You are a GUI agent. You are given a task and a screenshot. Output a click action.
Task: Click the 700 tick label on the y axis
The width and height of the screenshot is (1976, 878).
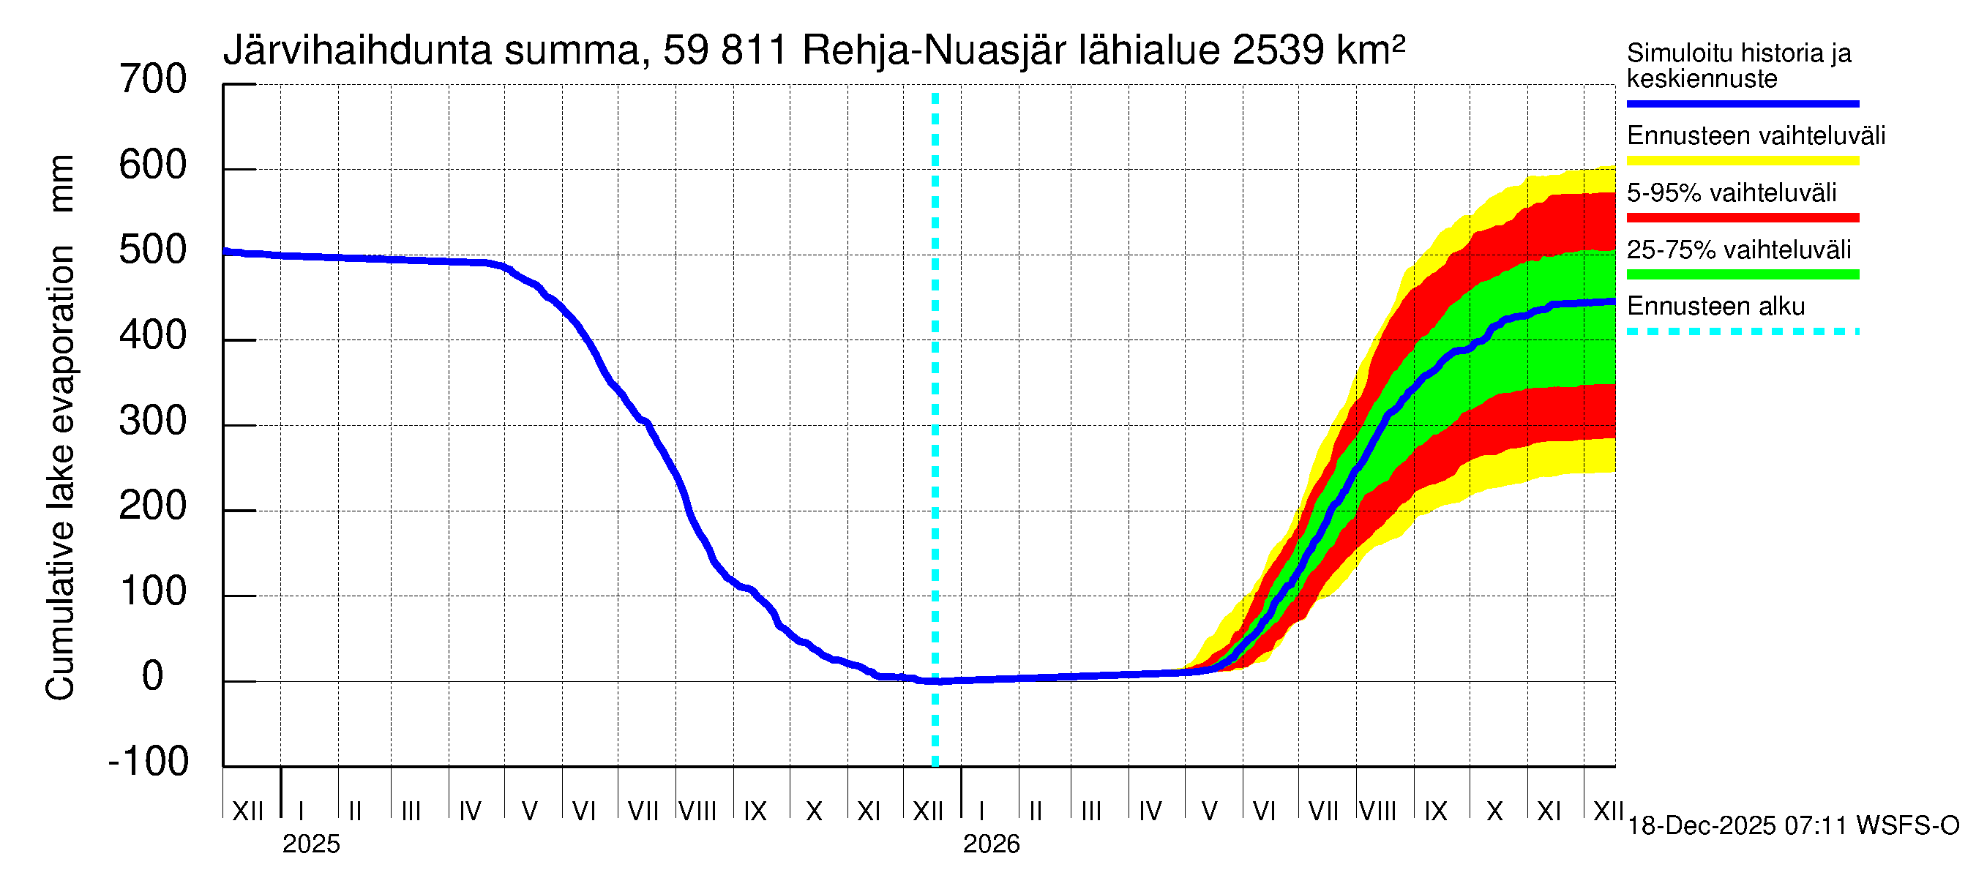pyautogui.click(x=153, y=80)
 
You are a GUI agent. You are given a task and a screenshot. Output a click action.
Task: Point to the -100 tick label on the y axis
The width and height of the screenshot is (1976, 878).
pyautogui.click(x=149, y=762)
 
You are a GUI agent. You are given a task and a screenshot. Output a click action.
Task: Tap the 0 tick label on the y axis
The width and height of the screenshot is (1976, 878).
pyautogui.click(x=153, y=676)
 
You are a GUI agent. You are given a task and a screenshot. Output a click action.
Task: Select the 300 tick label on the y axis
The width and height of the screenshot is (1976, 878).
pyautogui.click(x=153, y=421)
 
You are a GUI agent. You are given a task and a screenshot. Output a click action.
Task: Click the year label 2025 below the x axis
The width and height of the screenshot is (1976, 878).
pyautogui.click(x=310, y=844)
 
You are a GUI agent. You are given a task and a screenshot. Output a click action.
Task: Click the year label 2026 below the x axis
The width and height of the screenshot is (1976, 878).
pyautogui.click(x=991, y=844)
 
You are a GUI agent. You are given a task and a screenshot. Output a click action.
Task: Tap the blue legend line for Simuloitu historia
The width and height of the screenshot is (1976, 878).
pyautogui.click(x=1742, y=103)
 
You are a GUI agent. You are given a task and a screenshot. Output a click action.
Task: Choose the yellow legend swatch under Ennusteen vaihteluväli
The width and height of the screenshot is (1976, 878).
pyautogui.click(x=1742, y=160)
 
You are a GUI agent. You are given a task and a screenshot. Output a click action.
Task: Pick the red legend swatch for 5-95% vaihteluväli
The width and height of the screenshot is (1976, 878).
pyautogui.click(x=1742, y=218)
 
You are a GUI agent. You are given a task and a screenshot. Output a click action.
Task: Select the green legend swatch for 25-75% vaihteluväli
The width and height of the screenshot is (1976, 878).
pyautogui.click(x=1742, y=274)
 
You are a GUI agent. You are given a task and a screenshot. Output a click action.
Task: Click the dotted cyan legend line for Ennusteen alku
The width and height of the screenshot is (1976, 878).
pyautogui.click(x=1742, y=331)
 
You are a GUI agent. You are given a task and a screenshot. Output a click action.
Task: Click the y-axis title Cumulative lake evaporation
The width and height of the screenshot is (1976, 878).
pyautogui.click(x=60, y=429)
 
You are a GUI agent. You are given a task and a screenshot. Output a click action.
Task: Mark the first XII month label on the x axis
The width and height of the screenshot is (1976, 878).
pyautogui.click(x=247, y=811)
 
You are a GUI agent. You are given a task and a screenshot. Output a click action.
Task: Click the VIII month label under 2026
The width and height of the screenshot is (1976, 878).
pyautogui.click(x=1377, y=811)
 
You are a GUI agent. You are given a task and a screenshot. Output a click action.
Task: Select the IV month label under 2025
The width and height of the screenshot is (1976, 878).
pyautogui.click(x=469, y=811)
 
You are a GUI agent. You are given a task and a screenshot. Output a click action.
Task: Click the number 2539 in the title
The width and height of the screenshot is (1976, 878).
pyautogui.click(x=1278, y=50)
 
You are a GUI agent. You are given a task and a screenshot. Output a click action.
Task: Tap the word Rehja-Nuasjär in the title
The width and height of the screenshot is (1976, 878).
pyautogui.click(x=935, y=50)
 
